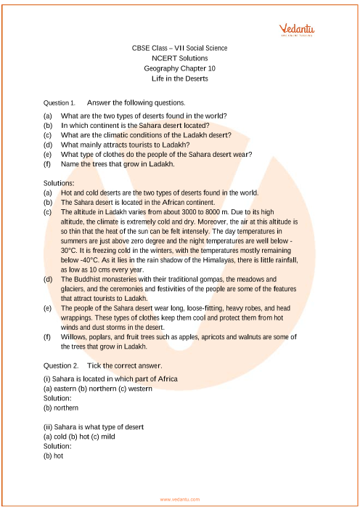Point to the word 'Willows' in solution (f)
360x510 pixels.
point(73,336)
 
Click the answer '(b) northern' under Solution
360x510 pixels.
point(61,408)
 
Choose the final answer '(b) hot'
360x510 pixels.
point(54,456)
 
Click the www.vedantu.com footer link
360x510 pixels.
point(179,499)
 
